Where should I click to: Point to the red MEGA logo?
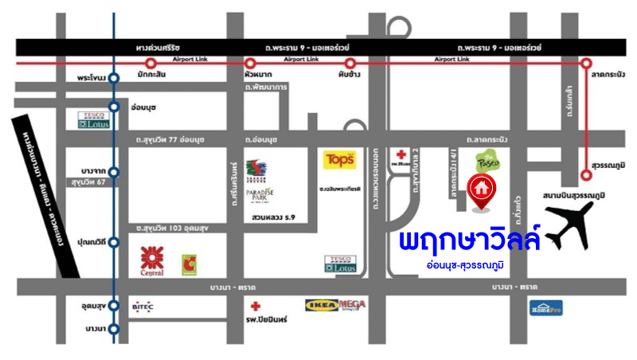point(352,303)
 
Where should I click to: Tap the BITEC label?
point(143,304)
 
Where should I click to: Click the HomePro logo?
point(548,307)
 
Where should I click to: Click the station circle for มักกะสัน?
point(150,63)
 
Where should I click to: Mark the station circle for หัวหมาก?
point(250,63)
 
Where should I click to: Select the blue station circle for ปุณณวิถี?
point(114,241)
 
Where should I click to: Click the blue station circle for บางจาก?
point(114,171)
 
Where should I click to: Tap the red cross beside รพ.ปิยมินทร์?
point(255,306)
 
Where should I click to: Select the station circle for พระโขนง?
point(114,78)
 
